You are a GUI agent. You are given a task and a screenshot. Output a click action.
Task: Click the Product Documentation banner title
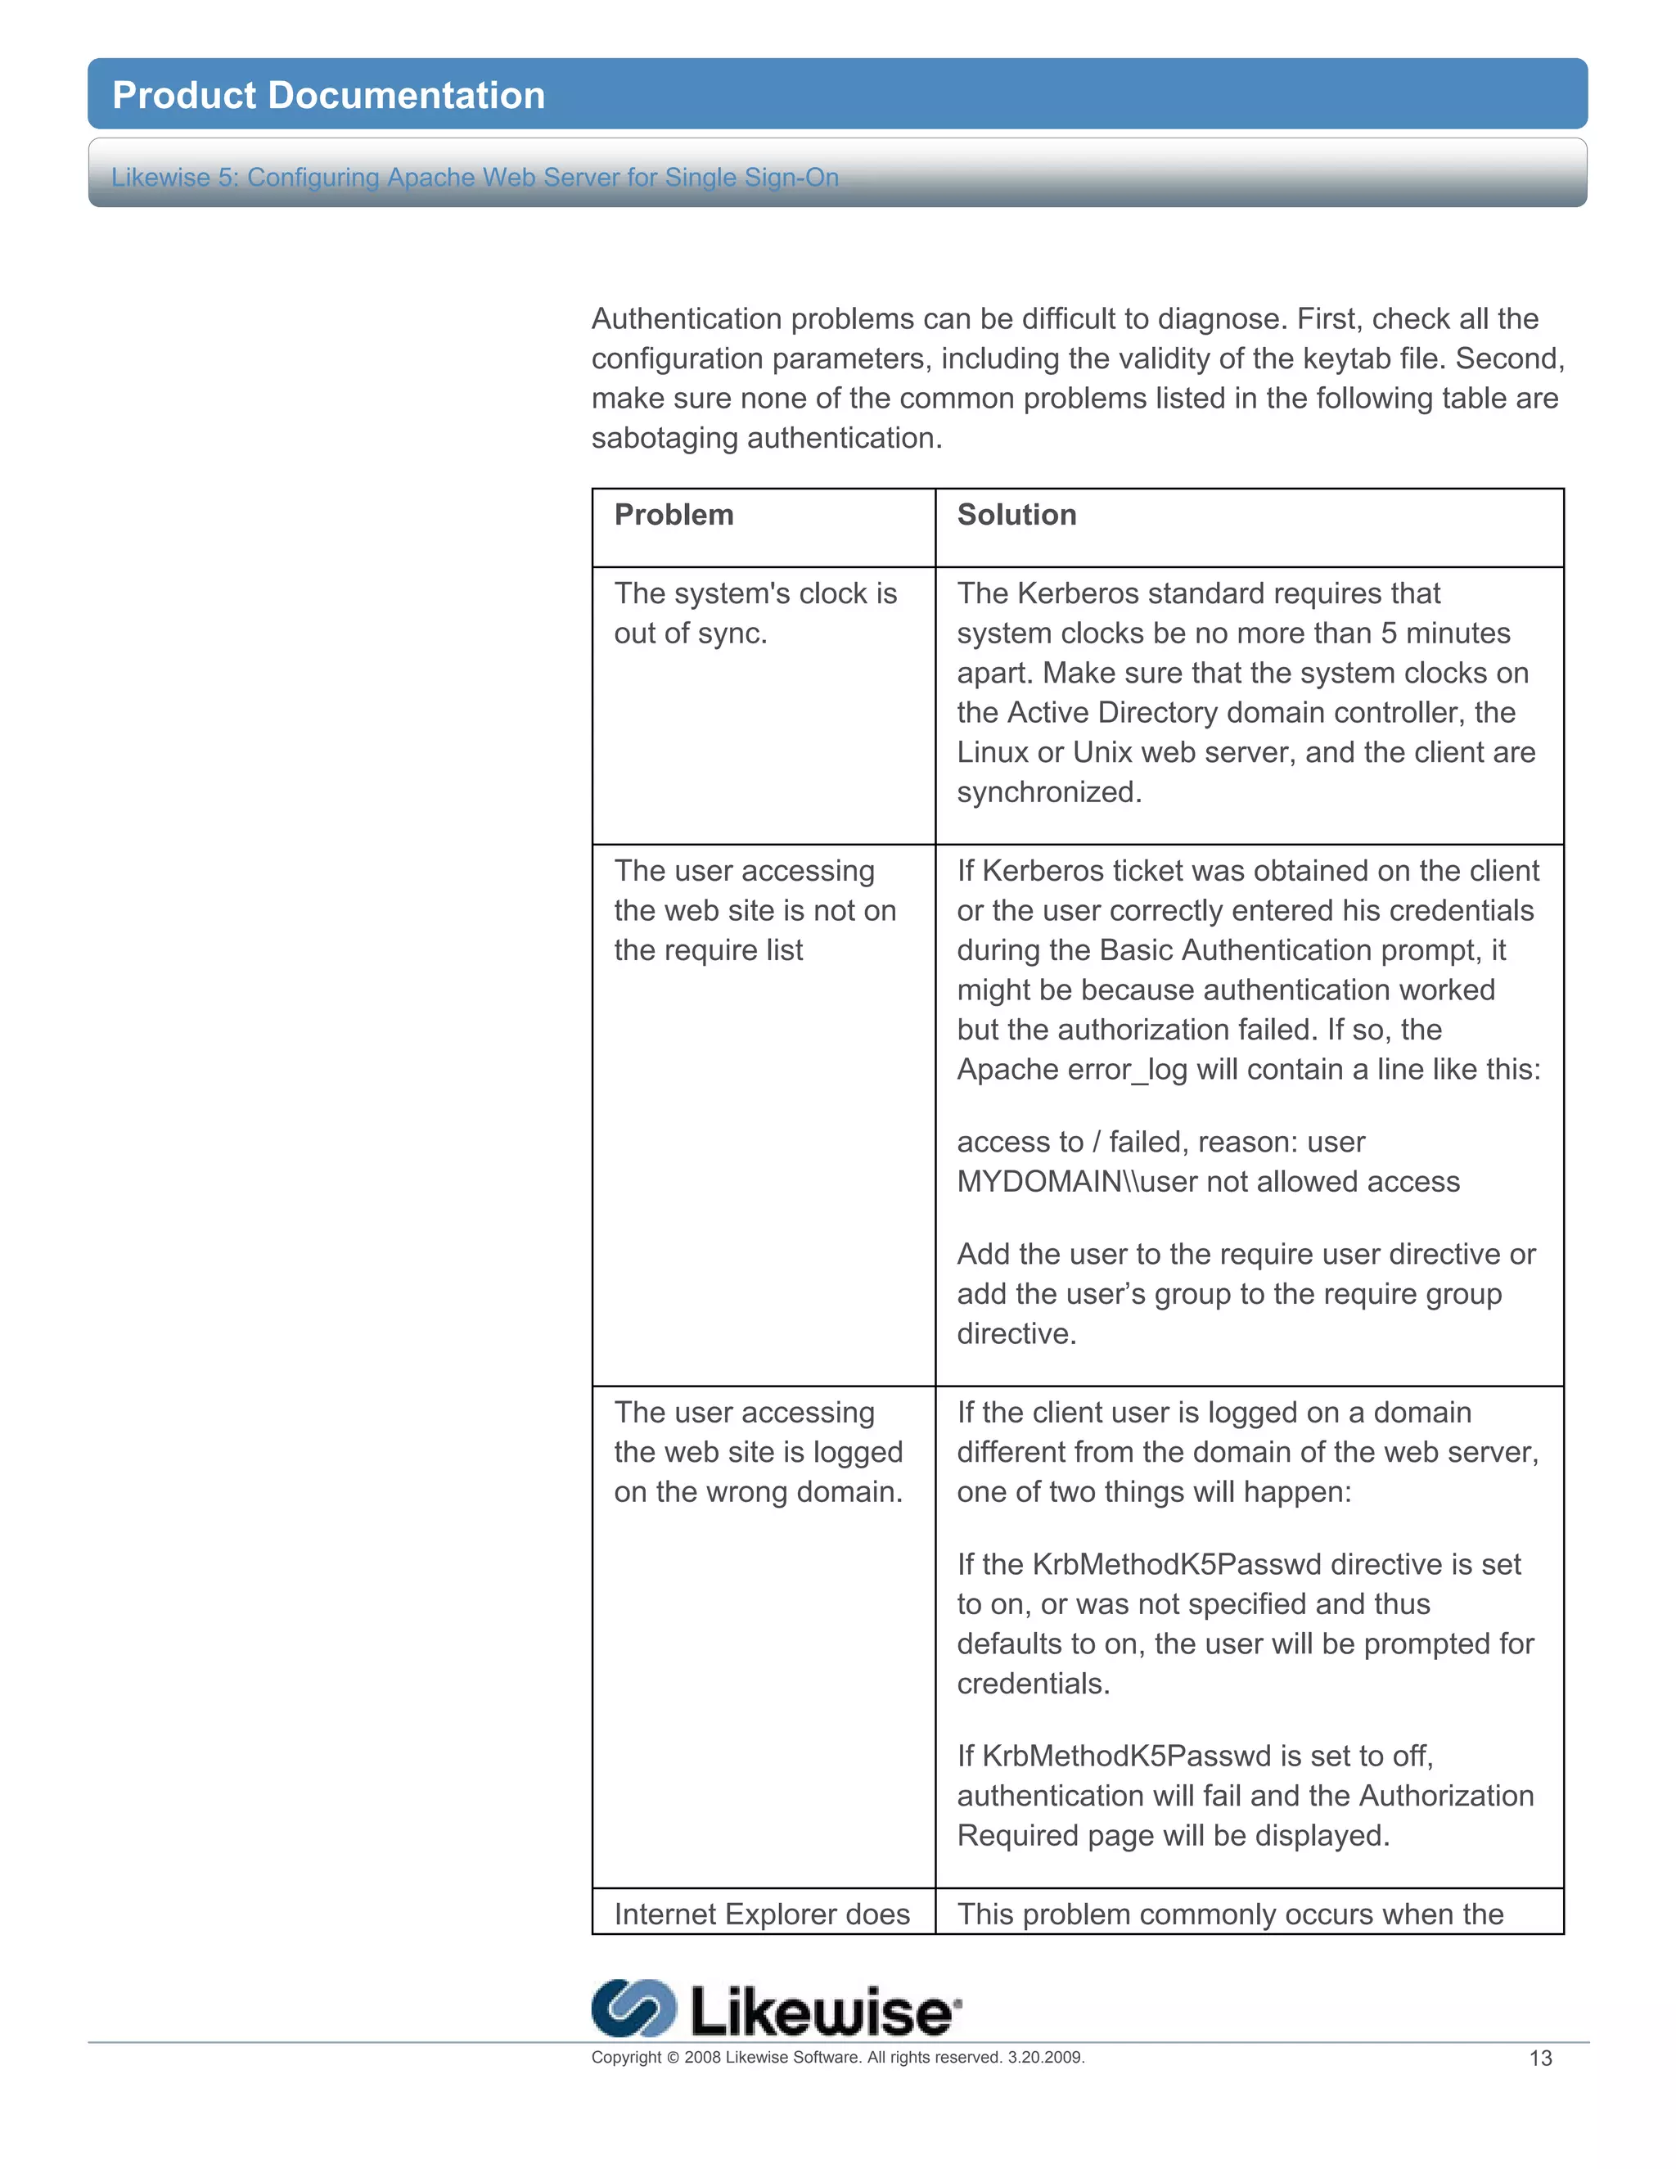[x=329, y=95]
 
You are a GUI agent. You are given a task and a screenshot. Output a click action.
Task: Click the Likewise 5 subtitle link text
[x=475, y=177]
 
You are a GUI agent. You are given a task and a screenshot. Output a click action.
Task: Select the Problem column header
[x=674, y=515]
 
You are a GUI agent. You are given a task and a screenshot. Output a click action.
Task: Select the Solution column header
[x=1016, y=515]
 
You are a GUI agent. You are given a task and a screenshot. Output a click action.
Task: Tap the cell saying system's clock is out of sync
[x=755, y=613]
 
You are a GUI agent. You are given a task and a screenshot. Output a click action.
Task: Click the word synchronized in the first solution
[x=1047, y=791]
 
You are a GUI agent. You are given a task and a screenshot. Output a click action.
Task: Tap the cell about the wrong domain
[x=758, y=1451]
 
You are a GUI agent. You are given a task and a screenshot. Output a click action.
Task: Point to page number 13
[x=1540, y=2059]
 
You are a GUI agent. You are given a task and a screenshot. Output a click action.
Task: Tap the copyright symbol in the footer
[x=672, y=2057]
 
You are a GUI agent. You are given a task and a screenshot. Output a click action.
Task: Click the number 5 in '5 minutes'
[x=1388, y=633]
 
